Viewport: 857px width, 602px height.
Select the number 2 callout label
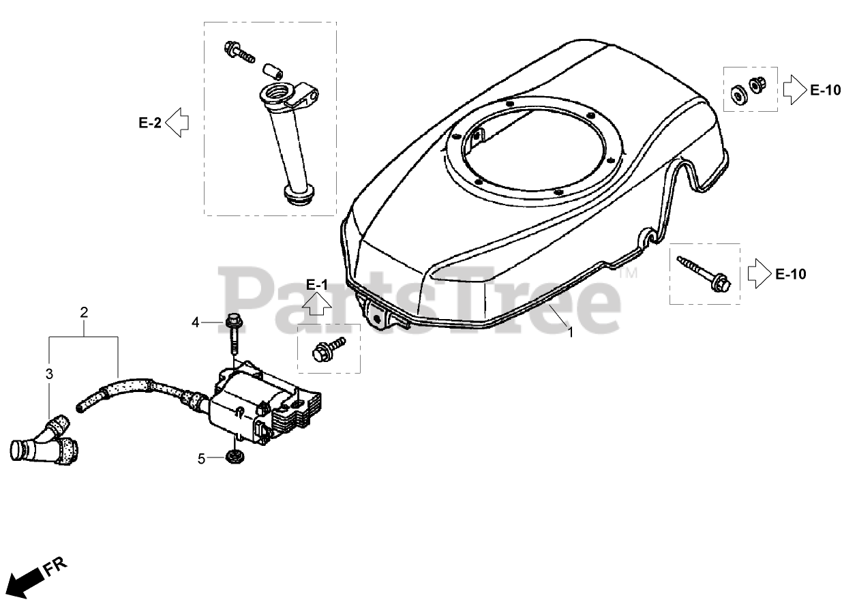click(84, 313)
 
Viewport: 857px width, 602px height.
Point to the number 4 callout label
click(196, 322)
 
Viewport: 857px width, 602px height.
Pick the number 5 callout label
click(201, 459)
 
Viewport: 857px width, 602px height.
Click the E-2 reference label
click(150, 123)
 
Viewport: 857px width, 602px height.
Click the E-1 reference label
click(317, 284)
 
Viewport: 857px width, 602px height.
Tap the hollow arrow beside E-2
click(177, 123)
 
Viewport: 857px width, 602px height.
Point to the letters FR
click(56, 566)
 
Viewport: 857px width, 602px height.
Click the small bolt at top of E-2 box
click(237, 51)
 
